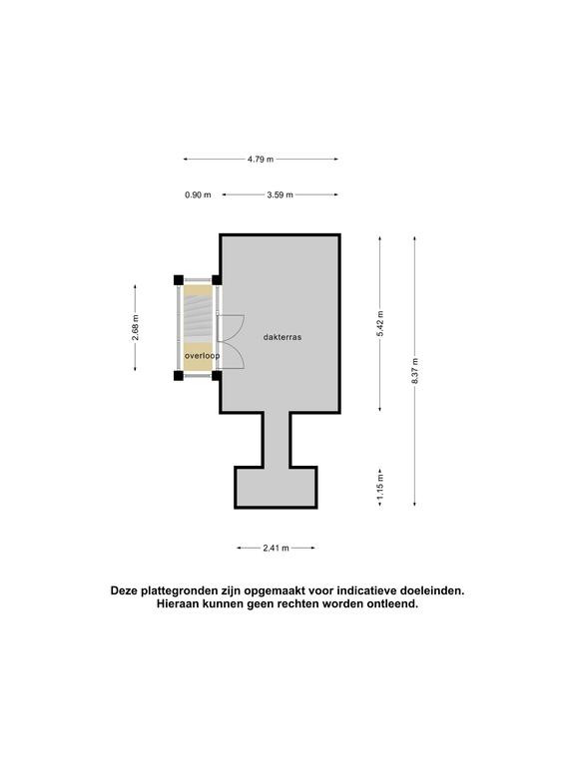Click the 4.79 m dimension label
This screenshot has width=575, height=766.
tap(261, 159)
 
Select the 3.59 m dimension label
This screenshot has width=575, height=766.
tap(281, 194)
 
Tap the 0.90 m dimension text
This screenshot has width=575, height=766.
tap(198, 194)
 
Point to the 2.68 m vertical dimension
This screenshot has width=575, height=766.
tap(136, 328)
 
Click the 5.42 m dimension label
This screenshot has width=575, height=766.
tap(380, 323)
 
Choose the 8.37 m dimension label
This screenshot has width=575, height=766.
tap(415, 370)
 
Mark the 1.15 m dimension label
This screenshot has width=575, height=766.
tap(380, 487)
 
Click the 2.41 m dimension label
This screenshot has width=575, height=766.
tap(277, 548)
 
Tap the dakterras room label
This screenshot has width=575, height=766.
tap(283, 337)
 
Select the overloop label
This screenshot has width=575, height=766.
tap(202, 356)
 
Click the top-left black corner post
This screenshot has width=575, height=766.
tap(179, 280)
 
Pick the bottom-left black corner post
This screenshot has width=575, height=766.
tap(179, 375)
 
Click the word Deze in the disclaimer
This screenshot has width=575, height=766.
tap(124, 590)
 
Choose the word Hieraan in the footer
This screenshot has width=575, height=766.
tap(175, 603)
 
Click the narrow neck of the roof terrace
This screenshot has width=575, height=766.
tap(277, 440)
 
